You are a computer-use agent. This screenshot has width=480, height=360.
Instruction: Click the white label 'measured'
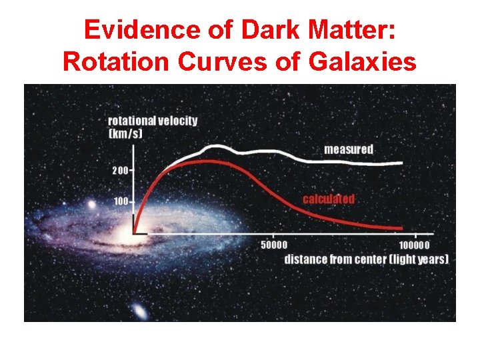click(349, 149)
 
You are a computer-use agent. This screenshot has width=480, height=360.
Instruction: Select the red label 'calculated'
click(329, 199)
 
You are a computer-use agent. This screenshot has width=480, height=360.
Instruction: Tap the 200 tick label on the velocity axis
click(121, 170)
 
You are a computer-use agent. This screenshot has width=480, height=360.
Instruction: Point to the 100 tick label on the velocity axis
click(121, 201)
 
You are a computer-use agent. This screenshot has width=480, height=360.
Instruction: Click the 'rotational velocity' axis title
click(153, 121)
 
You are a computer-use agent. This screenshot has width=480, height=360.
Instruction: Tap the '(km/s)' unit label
click(125, 133)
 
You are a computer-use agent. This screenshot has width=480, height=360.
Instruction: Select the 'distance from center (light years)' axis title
click(366, 259)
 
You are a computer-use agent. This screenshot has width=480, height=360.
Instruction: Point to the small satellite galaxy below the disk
click(139, 310)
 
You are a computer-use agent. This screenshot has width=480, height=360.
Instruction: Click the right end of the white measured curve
click(402, 163)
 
